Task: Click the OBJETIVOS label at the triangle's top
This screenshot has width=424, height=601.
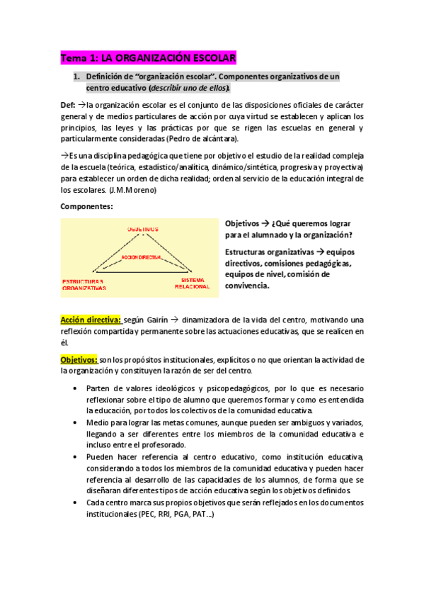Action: tap(143, 230)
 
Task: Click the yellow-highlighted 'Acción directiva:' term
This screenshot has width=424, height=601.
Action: tap(91, 320)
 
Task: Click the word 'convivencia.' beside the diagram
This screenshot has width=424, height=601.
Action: tap(247, 286)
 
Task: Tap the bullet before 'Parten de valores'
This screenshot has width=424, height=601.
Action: tap(76, 388)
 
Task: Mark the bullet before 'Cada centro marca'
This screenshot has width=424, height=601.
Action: tap(76, 502)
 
